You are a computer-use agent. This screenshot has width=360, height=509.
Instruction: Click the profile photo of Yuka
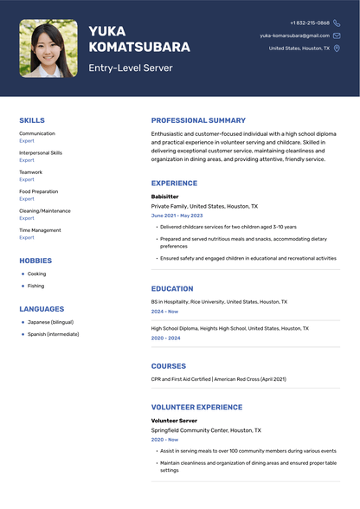(x=48, y=48)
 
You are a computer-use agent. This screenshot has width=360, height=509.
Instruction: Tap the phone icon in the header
(x=337, y=23)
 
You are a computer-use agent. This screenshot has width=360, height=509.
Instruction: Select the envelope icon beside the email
(x=337, y=35)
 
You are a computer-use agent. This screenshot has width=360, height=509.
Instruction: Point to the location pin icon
(x=337, y=48)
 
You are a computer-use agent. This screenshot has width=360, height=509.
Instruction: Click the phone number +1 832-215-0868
(x=310, y=23)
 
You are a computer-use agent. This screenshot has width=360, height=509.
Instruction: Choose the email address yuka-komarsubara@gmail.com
(x=294, y=35)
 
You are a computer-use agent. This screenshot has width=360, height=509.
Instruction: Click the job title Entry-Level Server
(x=130, y=68)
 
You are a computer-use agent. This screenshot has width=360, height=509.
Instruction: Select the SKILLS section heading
(x=32, y=120)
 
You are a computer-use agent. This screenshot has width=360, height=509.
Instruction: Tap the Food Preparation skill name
(x=39, y=191)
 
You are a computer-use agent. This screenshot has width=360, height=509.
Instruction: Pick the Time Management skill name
(x=40, y=230)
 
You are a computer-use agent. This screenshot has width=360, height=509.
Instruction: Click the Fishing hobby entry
(x=35, y=286)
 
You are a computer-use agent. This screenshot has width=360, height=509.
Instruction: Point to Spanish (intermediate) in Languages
(x=54, y=333)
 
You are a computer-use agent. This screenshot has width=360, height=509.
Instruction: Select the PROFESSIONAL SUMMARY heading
(x=198, y=120)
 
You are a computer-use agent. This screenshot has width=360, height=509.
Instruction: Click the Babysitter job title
(x=164, y=197)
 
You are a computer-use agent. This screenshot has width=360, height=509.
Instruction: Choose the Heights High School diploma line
(x=228, y=329)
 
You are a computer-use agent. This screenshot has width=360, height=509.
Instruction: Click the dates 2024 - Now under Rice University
(x=164, y=311)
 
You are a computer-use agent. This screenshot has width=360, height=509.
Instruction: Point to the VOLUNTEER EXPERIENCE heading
(x=196, y=407)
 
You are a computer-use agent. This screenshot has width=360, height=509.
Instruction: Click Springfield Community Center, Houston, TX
(x=206, y=429)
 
